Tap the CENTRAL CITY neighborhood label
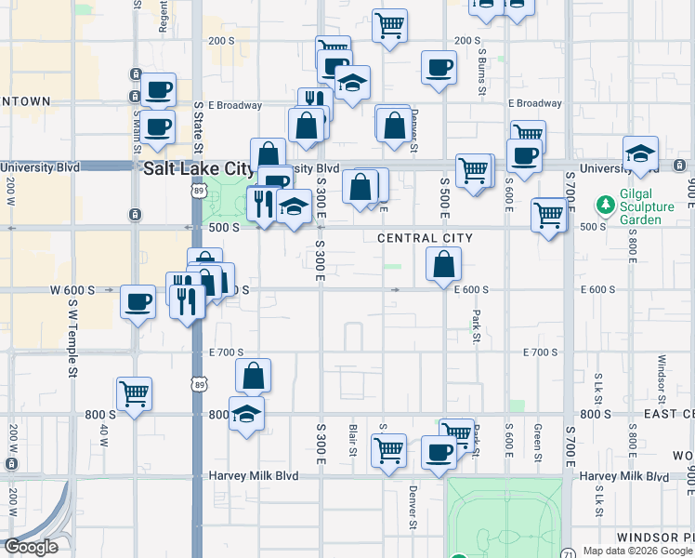coord(425,239)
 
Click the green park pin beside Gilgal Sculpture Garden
coord(606,203)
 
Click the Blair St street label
coord(353,440)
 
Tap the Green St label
coord(538,442)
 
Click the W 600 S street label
coord(73,290)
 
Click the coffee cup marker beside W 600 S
coord(138,301)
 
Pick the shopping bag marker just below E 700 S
coord(253,376)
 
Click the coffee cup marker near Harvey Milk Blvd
coord(439,452)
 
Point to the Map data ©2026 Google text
coord(636,551)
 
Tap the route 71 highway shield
coord(568,551)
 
